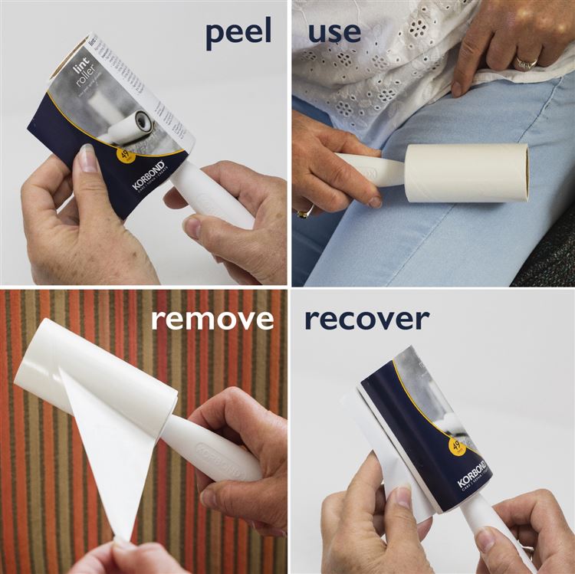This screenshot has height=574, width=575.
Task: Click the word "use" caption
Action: (333, 32)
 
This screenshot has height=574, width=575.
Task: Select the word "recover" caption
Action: (366, 318)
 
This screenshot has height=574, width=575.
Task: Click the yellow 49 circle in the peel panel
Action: (125, 156)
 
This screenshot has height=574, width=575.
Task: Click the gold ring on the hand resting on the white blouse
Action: (525, 64)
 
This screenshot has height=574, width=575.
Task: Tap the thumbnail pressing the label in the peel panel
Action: (87, 159)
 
